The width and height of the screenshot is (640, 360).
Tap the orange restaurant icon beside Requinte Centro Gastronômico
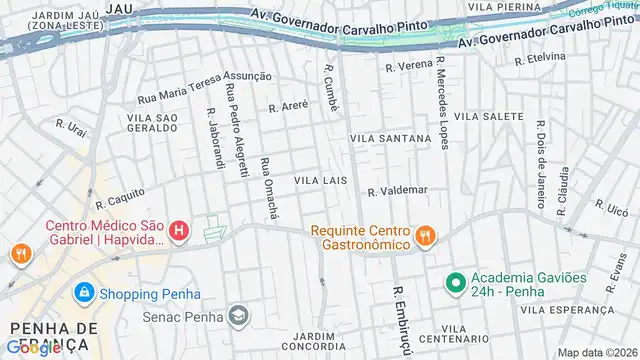click(426, 236)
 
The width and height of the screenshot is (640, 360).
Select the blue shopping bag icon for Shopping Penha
click(83, 293)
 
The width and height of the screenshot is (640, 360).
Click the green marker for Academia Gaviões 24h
click(453, 282)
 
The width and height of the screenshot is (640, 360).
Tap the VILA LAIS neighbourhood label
click(320, 180)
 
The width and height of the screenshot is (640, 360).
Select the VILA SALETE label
click(488, 117)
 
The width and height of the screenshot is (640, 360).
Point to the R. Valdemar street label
click(397, 190)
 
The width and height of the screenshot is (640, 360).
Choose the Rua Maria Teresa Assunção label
click(204, 87)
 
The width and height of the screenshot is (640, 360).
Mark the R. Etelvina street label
click(541, 56)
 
